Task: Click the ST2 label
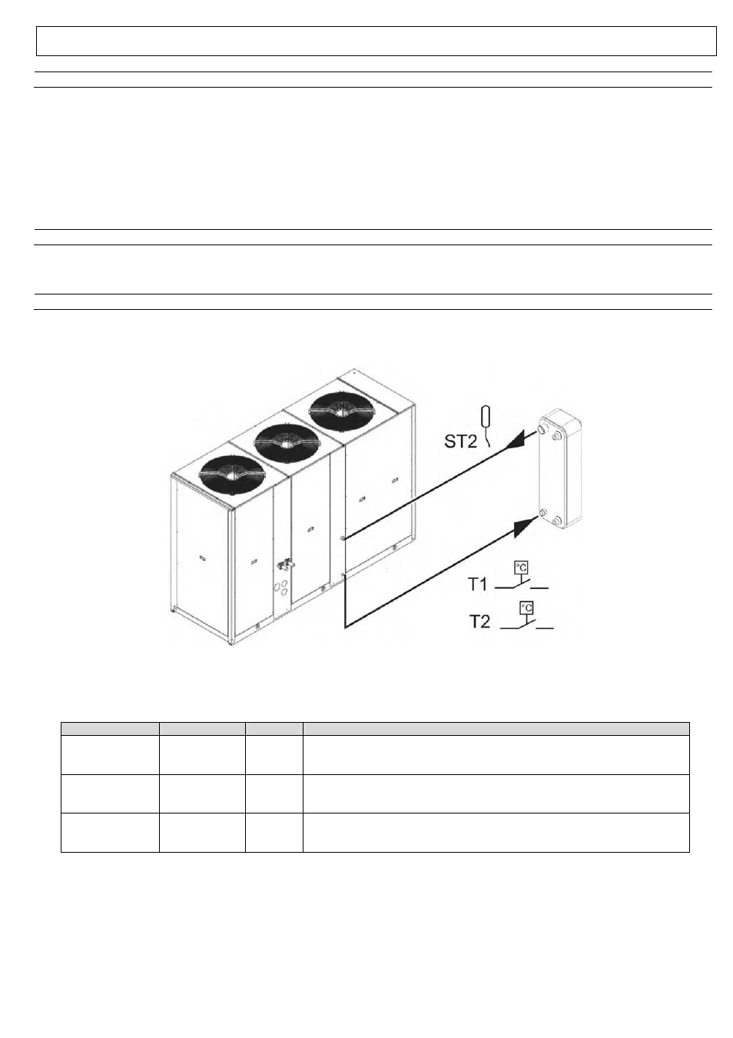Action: click(x=460, y=441)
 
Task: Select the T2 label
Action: click(x=479, y=621)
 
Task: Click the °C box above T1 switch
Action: click(x=521, y=567)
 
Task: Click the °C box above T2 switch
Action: click(x=526, y=607)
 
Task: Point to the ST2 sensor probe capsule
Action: click(x=486, y=416)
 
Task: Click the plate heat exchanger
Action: click(x=559, y=468)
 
